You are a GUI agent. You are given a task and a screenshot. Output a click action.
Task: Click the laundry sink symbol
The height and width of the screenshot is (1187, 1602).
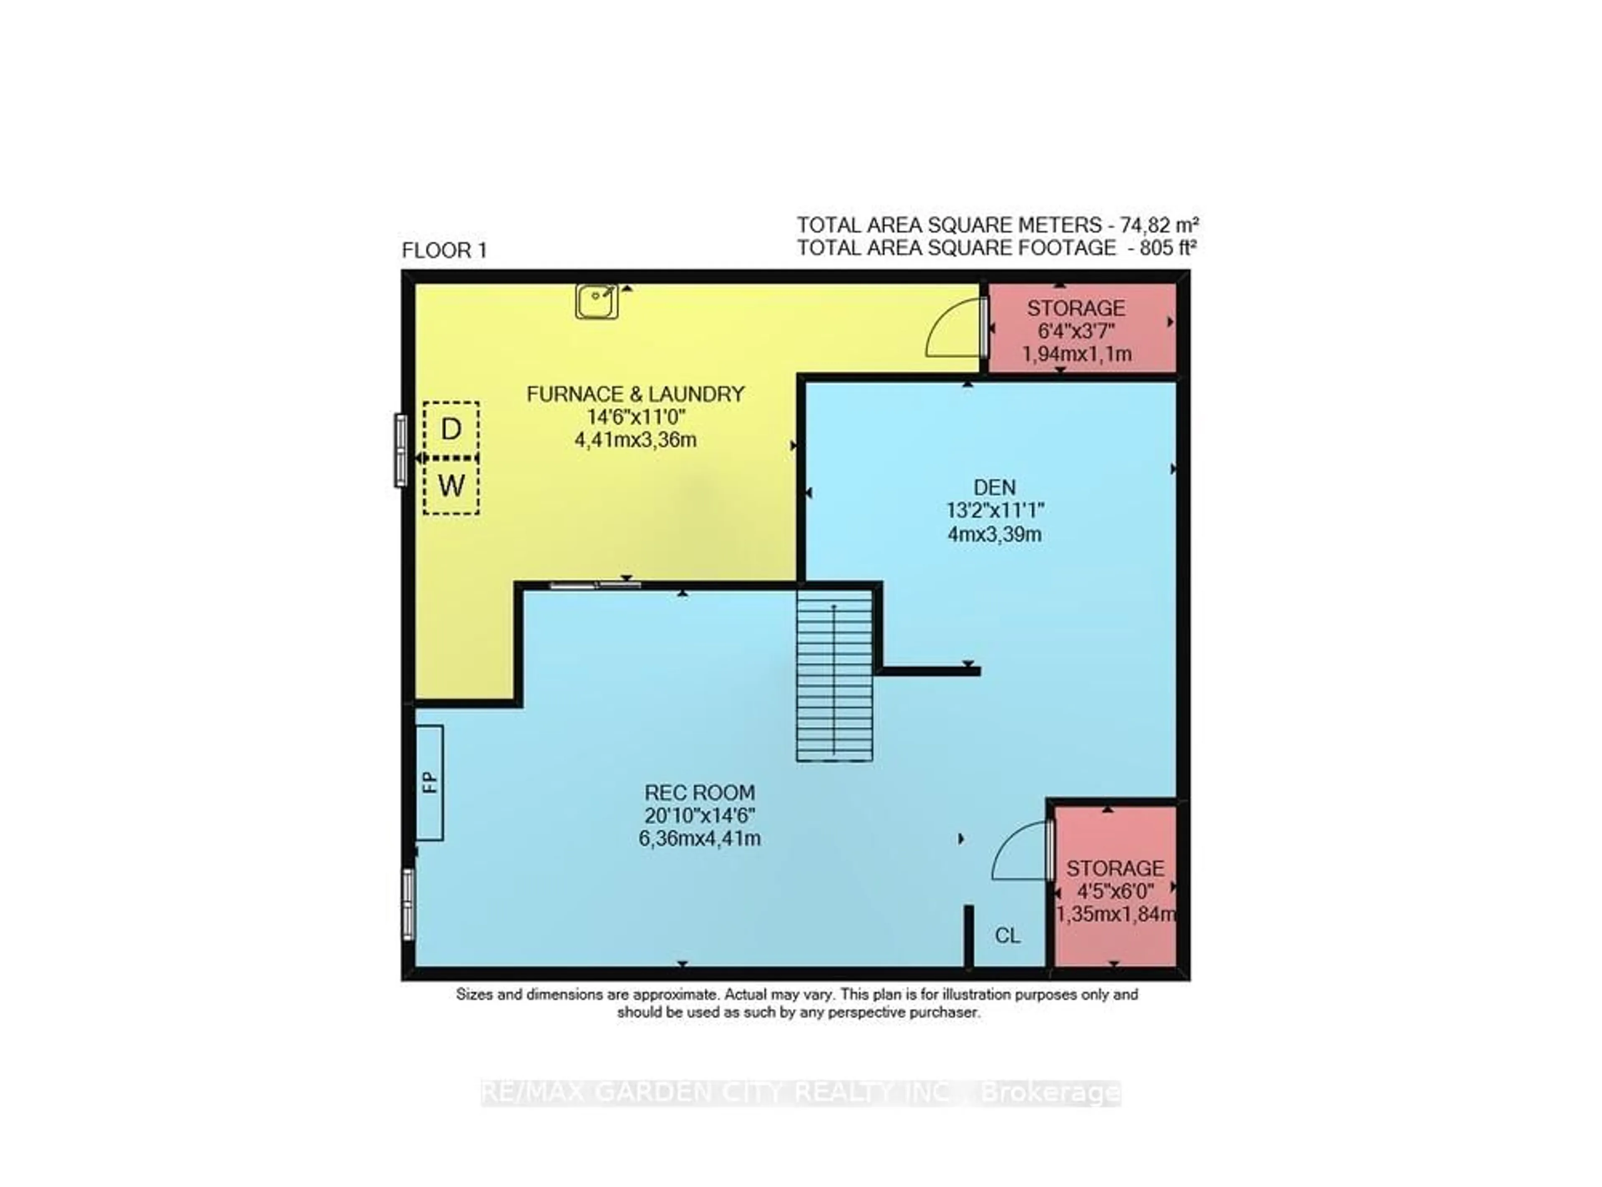coord(596,301)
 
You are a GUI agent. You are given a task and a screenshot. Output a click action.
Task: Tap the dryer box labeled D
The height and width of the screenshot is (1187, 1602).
coord(451,429)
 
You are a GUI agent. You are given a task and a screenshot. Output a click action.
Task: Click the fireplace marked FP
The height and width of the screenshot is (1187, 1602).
coord(430,782)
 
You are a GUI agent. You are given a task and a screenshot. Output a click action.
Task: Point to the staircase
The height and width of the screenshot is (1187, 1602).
coord(834,675)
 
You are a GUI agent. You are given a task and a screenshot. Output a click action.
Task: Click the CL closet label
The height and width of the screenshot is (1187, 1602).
coord(1007,935)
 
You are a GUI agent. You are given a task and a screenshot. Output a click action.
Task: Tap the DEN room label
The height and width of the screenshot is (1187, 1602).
coord(995,487)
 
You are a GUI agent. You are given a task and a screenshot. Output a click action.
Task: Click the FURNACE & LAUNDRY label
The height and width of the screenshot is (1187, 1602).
coord(635,394)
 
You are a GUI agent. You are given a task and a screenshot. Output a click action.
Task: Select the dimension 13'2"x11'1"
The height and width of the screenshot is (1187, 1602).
coord(995,511)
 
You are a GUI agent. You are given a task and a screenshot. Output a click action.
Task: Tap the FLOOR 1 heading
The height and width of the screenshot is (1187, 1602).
coord(444,251)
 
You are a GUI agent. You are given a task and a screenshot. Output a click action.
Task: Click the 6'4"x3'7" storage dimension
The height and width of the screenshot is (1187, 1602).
coord(1076,331)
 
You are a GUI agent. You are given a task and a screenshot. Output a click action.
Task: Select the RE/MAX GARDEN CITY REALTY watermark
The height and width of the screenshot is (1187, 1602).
coord(800,1093)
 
